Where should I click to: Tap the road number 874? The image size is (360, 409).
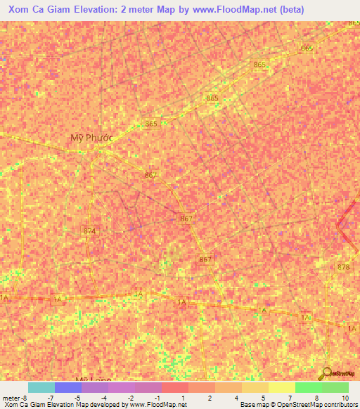coord(89,231)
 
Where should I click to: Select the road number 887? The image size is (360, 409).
coord(205,260)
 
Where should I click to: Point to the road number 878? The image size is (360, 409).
coord(344,267)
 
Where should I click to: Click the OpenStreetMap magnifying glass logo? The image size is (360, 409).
coord(327,373)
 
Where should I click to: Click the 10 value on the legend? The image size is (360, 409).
coord(345,398)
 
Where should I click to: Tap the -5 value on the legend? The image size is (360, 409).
coord(77,398)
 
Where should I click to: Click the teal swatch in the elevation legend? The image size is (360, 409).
coord(41,387)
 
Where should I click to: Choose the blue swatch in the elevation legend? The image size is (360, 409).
coord(68,387)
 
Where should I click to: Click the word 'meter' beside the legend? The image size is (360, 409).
coord(11,398)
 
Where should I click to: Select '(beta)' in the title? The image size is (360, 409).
coord(292,11)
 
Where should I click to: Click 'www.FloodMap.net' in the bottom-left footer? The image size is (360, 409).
coord(160,405)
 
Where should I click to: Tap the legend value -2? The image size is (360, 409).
coord(131,398)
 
